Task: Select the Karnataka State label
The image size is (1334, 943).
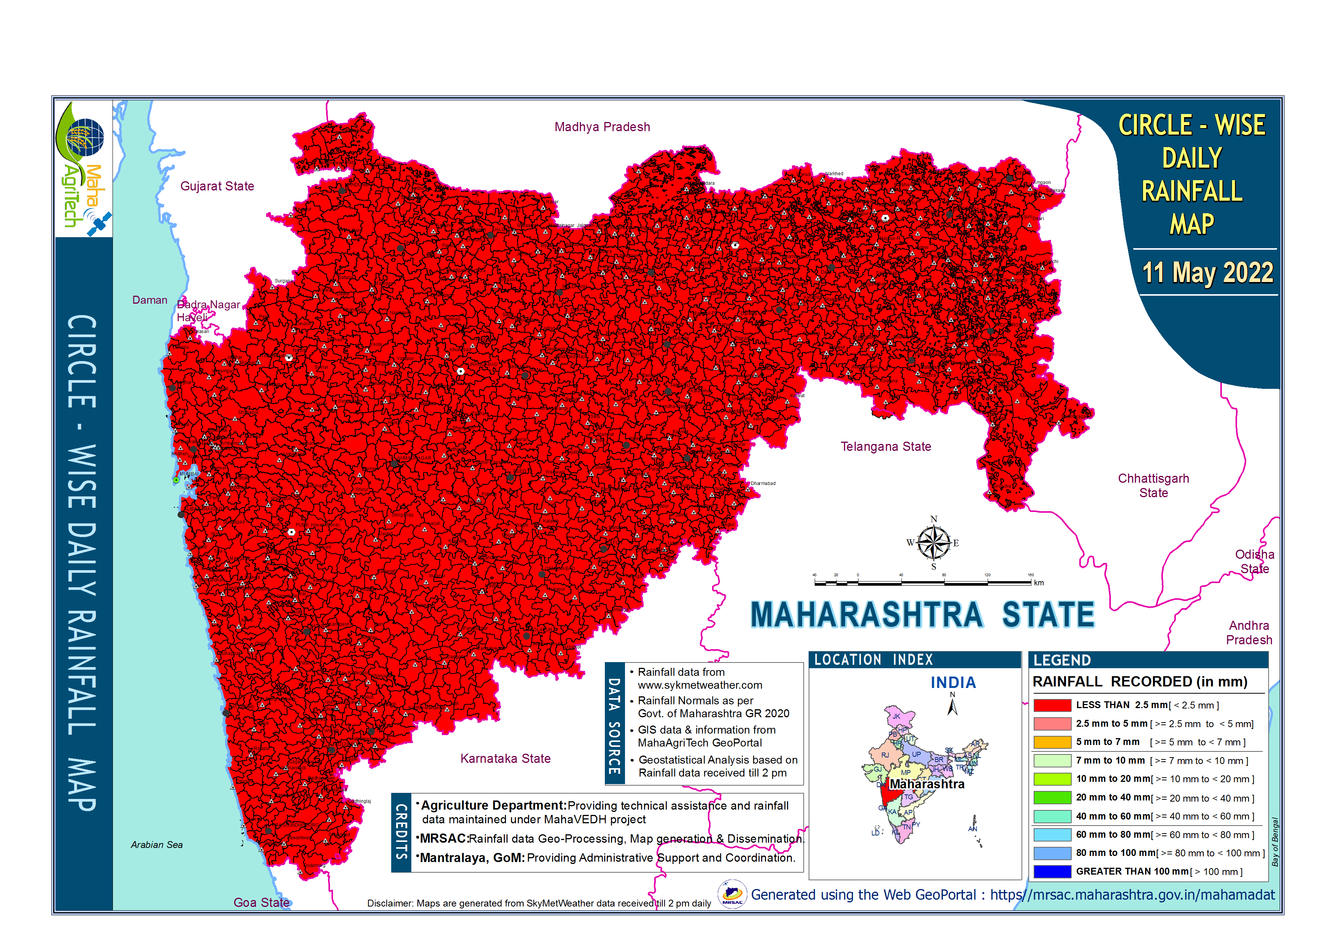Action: (x=505, y=758)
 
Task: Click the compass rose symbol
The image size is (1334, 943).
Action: (x=933, y=543)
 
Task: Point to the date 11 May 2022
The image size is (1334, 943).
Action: (x=1207, y=273)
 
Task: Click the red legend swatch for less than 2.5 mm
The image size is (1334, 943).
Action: (x=1052, y=705)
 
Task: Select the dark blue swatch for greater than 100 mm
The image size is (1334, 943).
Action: (x=1052, y=872)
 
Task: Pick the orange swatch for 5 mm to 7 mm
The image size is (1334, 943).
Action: (x=1052, y=742)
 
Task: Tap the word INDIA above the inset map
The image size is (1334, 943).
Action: (x=953, y=683)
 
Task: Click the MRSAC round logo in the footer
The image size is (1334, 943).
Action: (x=732, y=894)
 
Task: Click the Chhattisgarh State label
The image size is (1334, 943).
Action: (x=1153, y=485)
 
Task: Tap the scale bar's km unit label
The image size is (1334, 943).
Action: (x=1039, y=583)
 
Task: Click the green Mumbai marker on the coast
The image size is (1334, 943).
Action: (x=176, y=480)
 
